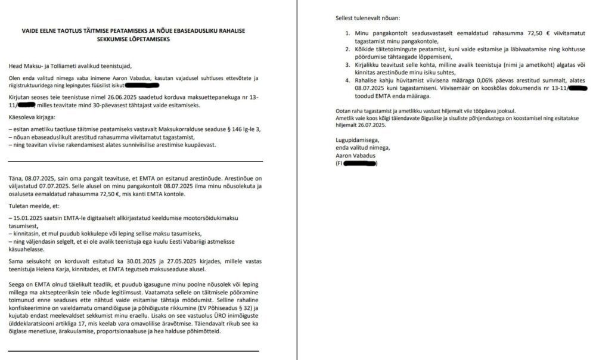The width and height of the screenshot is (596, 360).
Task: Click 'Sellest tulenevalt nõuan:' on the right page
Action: point(368,18)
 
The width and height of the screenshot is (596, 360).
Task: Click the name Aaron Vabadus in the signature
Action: point(356,155)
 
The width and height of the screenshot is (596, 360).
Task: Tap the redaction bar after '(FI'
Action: point(361,163)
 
